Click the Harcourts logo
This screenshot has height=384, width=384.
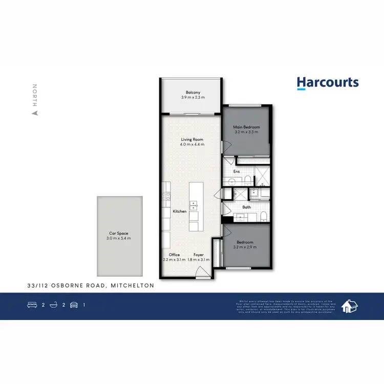tap(328, 83)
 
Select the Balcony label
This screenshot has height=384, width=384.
tap(193, 93)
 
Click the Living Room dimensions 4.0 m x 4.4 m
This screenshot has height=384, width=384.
tap(192, 145)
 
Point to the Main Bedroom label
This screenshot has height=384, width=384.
tap(247, 127)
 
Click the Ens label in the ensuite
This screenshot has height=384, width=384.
tap(237, 172)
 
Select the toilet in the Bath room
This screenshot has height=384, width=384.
tap(262, 216)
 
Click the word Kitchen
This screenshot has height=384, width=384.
tap(179, 211)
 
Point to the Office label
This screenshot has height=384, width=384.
tap(175, 254)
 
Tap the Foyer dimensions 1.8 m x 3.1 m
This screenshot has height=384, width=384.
tap(199, 260)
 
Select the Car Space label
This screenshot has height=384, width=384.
tap(119, 233)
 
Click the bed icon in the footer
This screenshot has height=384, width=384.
tap(32, 305)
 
